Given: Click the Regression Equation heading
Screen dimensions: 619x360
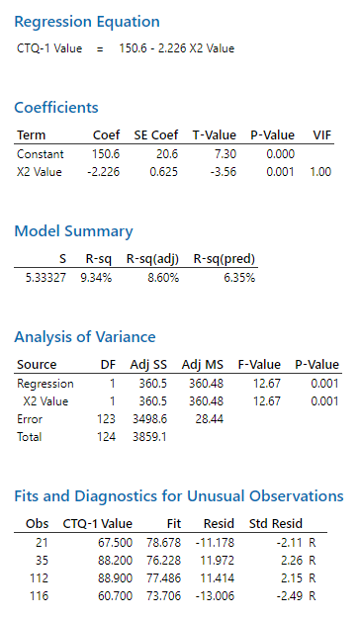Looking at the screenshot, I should [87, 22].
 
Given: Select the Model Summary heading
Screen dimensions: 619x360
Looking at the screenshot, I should [73, 231].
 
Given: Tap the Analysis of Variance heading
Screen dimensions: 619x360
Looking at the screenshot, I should [85, 336].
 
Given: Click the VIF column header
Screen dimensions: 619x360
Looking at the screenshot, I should [321, 135].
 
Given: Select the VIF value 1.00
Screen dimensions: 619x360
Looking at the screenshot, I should [321, 172].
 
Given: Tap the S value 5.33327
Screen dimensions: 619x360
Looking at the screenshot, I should [45, 278].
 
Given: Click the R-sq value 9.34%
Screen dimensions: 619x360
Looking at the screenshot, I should [97, 278].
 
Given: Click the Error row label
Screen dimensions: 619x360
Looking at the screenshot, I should [30, 419].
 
